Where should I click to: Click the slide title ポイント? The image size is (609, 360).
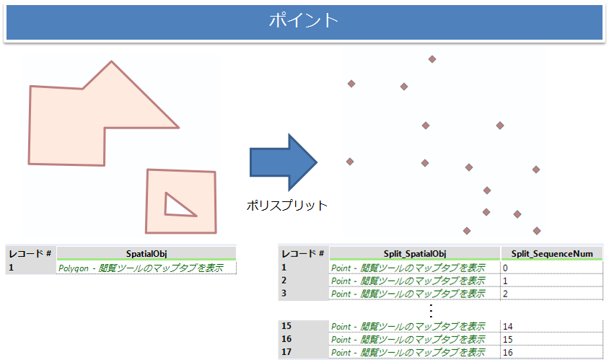[303, 20]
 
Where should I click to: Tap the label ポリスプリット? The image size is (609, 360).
[286, 206]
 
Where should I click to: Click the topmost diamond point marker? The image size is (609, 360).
[432, 59]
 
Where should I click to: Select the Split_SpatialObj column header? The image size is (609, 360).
[414, 253]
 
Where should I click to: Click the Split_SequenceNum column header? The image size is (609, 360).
[552, 253]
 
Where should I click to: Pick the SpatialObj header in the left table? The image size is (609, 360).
[146, 253]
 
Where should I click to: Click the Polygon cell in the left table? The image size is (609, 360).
[140, 268]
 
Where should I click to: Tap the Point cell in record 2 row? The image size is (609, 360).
[408, 280]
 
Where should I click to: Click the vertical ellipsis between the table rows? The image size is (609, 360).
[431, 310]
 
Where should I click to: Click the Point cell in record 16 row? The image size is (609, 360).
[408, 339]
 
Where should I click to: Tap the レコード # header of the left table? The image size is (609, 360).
[30, 253]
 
